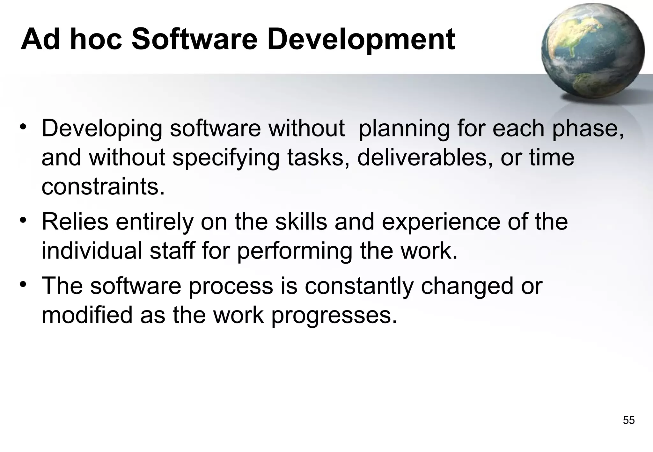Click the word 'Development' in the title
point(361,40)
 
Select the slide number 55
point(628,420)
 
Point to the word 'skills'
point(301,222)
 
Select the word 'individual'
point(92,251)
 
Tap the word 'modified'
point(87,315)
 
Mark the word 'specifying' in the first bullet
point(226,158)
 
